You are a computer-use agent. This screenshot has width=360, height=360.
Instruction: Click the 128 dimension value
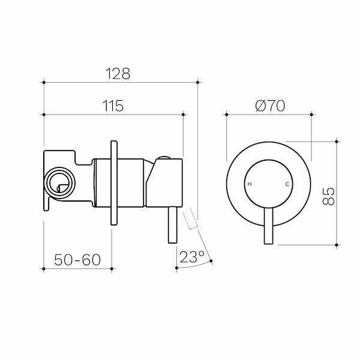point(118,74)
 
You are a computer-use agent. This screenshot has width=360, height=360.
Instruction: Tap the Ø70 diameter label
point(269,106)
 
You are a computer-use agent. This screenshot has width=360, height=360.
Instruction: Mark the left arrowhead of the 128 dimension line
point(46,81)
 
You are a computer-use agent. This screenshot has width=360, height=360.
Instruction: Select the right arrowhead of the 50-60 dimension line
point(111,268)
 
